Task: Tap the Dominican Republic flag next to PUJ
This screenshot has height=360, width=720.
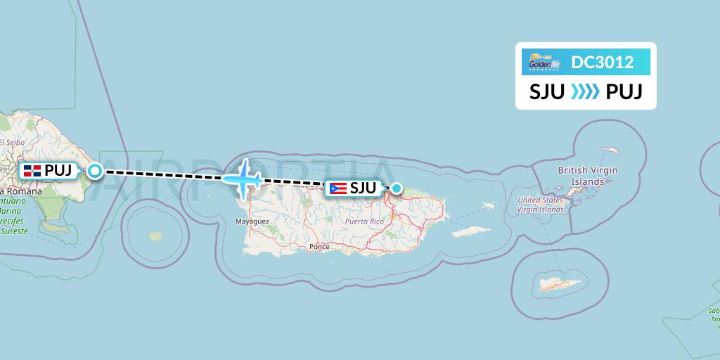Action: point(32,171)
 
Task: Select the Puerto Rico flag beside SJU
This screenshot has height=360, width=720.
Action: point(337,188)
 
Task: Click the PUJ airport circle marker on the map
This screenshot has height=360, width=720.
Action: point(94,170)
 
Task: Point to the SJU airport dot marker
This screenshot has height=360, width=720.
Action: point(397,188)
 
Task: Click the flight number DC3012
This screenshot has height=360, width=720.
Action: point(603,63)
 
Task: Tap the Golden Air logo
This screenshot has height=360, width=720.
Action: point(545,63)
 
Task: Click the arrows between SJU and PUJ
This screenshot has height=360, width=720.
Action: point(585,92)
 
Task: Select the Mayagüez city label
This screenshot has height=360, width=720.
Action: point(252,221)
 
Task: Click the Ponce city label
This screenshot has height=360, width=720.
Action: point(319,247)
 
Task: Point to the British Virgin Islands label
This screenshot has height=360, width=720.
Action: point(587,176)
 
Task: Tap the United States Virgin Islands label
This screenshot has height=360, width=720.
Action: point(540,205)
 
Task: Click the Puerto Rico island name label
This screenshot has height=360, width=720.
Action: point(364,221)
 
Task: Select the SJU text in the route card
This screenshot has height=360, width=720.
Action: point(547,92)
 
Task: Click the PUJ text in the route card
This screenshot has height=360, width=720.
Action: point(624,92)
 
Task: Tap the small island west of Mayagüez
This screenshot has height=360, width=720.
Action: point(155,236)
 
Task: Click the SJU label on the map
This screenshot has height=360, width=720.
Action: point(363,188)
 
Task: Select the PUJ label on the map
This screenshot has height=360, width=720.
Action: point(58,171)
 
